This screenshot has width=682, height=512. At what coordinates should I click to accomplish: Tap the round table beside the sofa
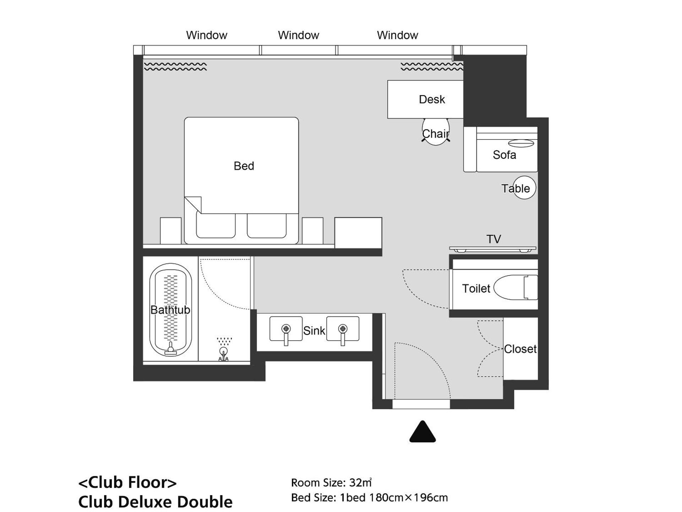click(x=524, y=187)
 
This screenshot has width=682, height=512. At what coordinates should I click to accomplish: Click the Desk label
click(x=432, y=99)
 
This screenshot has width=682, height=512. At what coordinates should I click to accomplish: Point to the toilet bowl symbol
click(x=511, y=287)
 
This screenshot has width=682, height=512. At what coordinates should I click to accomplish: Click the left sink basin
click(x=286, y=329)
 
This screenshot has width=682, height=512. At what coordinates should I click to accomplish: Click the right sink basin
click(x=342, y=329)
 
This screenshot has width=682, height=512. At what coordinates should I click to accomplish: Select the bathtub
click(x=170, y=309)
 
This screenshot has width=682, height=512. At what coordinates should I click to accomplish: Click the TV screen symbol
click(x=493, y=249)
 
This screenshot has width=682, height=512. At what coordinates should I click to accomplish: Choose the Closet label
click(x=520, y=349)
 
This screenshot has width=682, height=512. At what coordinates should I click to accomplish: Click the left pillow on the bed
click(x=216, y=226)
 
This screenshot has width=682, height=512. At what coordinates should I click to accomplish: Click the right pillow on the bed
click(x=267, y=226)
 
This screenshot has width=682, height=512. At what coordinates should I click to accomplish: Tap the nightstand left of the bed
click(x=170, y=231)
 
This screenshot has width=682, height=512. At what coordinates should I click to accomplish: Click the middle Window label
click(x=298, y=35)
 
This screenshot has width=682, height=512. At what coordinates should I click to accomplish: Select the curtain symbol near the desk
click(x=432, y=66)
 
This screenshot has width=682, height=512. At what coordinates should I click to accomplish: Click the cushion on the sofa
click(x=521, y=143)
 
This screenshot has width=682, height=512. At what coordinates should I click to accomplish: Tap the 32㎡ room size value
click(x=360, y=482)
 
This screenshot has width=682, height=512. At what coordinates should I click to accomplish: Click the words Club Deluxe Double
click(x=155, y=502)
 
